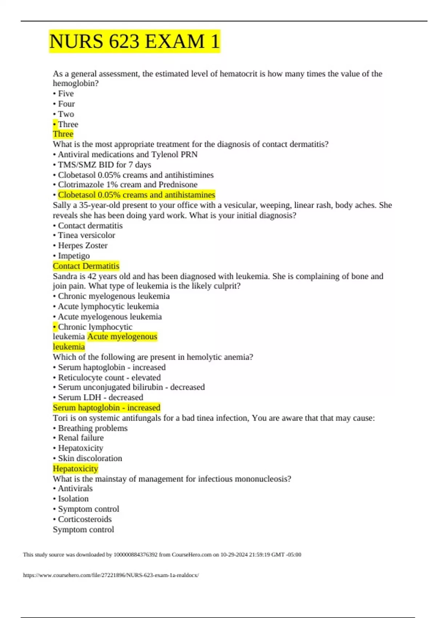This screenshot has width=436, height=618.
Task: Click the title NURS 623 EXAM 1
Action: [134, 41]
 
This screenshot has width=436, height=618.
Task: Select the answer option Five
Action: [66, 94]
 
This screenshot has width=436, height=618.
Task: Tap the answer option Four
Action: [66, 104]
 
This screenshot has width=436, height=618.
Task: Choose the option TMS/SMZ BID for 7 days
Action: [104, 165]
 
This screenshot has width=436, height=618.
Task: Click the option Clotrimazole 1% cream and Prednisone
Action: [128, 185]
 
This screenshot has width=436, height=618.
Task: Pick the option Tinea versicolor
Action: [86, 236]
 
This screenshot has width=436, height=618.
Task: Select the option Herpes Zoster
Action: [82, 246]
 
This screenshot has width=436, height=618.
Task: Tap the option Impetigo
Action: [74, 256]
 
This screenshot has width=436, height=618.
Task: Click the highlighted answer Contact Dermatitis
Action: [86, 266]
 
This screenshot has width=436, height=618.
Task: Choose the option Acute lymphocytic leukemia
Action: [108, 306]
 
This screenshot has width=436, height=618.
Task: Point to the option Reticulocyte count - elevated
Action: [109, 378]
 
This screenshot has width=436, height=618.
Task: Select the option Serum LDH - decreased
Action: [100, 397]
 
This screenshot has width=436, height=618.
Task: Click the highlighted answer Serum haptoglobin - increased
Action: [106, 408]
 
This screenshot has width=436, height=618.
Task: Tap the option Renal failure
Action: [81, 438]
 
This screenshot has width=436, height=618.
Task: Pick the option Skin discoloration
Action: [90, 458]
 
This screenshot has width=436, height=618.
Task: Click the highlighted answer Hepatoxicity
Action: [76, 469]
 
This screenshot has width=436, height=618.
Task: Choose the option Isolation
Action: [73, 499]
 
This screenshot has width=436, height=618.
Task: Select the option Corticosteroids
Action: [85, 519]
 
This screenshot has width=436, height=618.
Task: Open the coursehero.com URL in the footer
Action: [111, 575]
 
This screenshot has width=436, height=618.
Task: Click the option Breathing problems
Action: [93, 428]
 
